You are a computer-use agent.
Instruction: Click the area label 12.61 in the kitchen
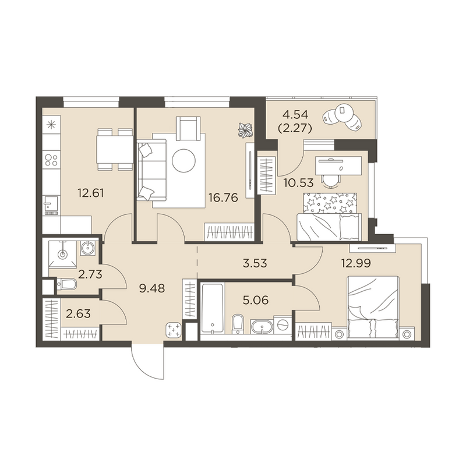tap(91, 193)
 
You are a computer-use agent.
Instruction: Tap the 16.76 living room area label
tap(223, 197)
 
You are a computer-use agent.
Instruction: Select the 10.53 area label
tap(298, 183)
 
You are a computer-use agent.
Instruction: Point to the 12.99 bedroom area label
tap(356, 263)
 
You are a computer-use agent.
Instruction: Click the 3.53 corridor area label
tap(255, 263)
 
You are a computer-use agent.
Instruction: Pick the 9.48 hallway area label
tap(152, 288)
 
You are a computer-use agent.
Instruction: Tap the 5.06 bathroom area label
tap(256, 300)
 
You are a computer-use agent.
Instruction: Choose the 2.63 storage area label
tap(78, 313)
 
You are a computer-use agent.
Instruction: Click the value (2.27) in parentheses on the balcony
tap(295, 128)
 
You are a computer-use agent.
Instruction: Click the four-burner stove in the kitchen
tap(51, 159)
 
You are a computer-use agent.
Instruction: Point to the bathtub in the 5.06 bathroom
tap(212, 309)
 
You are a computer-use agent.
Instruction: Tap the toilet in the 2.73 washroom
tap(66, 284)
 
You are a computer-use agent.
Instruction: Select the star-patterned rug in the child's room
tap(330, 203)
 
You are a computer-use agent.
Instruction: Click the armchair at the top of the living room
tap(188, 128)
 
